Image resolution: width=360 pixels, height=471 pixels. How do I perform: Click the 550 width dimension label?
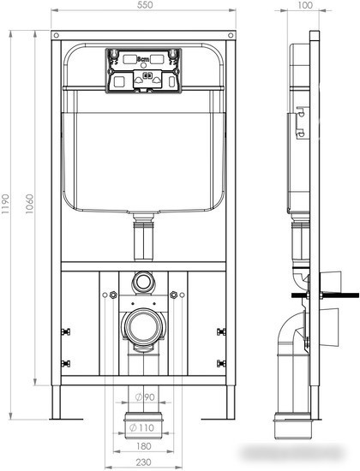[143, 7]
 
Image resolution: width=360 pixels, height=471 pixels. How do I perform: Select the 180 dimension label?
[142, 444]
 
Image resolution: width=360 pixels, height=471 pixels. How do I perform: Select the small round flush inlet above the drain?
[143, 281]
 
